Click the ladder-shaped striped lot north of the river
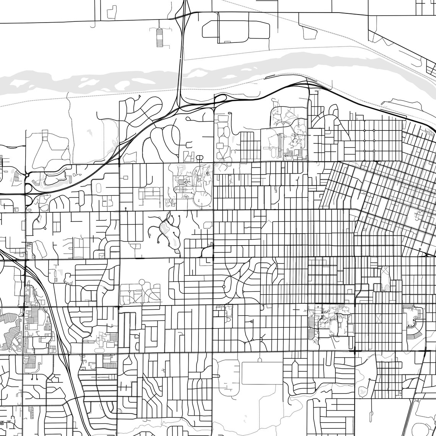[x=159, y=37]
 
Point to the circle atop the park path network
[x=142, y=282]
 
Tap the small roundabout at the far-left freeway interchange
[x=27, y=175]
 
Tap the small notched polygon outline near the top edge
[x=112, y=13]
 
